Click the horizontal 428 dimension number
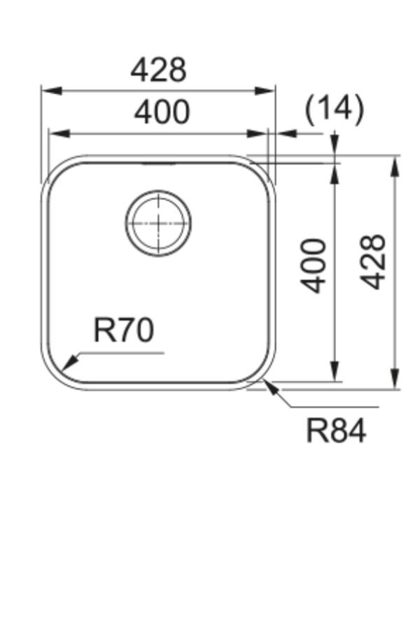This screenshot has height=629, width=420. [x=158, y=70]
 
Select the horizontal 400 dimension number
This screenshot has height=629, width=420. [x=162, y=112]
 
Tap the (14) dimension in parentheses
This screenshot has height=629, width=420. [x=334, y=109]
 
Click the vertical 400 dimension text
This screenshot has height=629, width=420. [x=314, y=266]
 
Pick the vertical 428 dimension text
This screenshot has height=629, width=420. [x=373, y=262]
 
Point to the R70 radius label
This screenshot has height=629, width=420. [x=124, y=330]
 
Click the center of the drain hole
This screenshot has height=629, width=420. [x=159, y=223]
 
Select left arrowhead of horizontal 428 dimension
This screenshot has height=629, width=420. [x=51, y=91]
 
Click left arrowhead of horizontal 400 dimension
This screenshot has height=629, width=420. [x=58, y=133]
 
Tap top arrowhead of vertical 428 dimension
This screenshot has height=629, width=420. [x=395, y=166]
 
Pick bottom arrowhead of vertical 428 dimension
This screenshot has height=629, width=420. [x=395, y=379]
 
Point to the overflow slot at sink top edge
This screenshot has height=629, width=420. [x=158, y=163]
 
